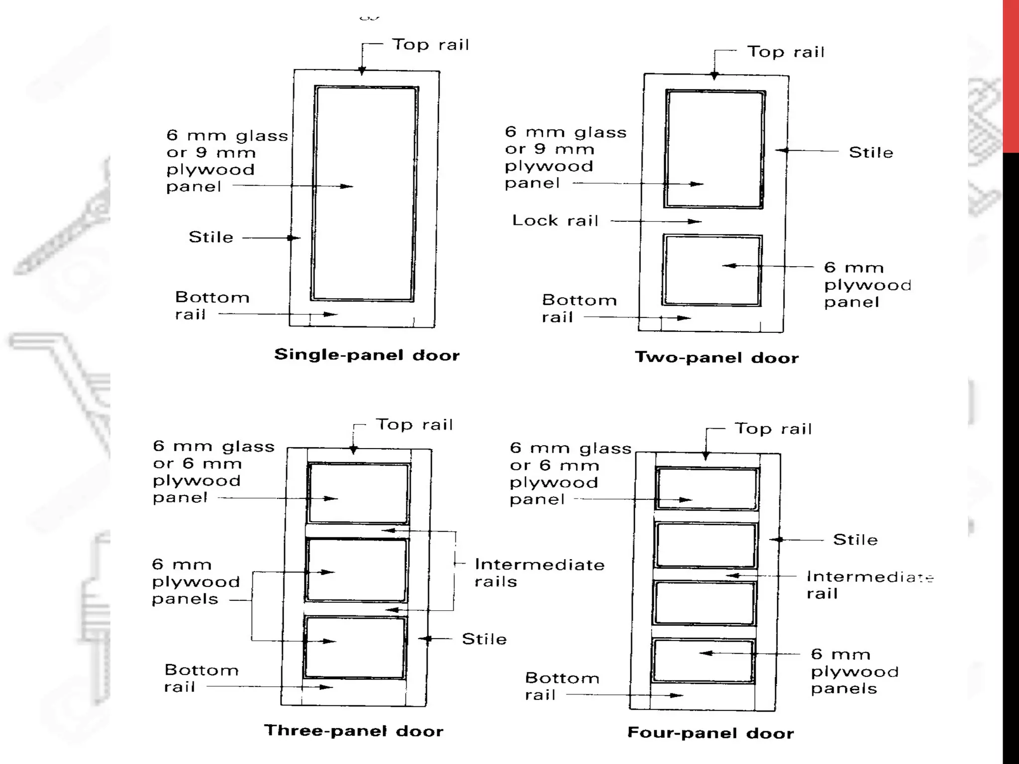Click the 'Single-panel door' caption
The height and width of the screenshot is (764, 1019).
[367, 355]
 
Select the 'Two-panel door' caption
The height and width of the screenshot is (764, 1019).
[716, 358]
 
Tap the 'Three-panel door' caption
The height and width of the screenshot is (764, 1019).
[353, 731]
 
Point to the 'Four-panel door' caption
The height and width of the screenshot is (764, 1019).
[711, 733]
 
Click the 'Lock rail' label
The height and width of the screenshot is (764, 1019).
[555, 220]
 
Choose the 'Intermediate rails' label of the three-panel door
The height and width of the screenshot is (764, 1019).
[539, 573]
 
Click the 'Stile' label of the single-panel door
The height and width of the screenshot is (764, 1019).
[211, 237]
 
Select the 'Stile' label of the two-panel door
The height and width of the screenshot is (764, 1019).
[871, 152]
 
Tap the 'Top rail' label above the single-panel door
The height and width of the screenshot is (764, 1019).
[431, 45]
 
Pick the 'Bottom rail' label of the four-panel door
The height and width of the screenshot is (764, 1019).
[562, 686]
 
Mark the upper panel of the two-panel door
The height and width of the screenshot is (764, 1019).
[714, 149]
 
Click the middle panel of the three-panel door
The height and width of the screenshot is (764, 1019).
[356, 571]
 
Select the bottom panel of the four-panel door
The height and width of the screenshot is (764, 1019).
[704, 661]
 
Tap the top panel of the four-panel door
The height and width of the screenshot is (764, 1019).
[707, 488]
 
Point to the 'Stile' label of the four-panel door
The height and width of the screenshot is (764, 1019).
[855, 540]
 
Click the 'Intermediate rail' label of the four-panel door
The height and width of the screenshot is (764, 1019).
[869, 585]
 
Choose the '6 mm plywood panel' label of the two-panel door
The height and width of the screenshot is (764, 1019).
[868, 285]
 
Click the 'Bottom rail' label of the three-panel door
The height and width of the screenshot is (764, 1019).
[201, 678]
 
